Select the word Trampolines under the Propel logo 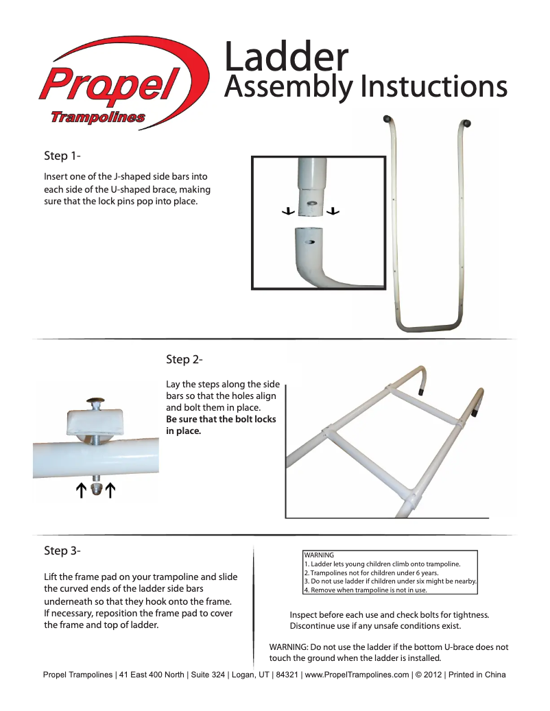[97, 117]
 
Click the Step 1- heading [63, 156]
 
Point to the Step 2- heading [184, 359]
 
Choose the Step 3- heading [63, 551]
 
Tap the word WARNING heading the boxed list [319, 555]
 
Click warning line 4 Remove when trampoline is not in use [366, 590]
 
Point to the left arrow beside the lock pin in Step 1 [288, 211]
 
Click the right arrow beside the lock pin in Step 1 [333, 211]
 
